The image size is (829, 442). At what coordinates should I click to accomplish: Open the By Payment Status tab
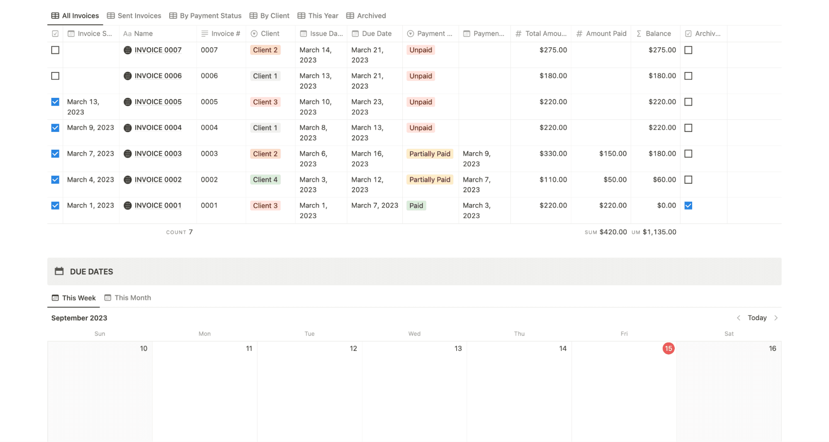coord(205,16)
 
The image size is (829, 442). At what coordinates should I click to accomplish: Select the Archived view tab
coord(366,16)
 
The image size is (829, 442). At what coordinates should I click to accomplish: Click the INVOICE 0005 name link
coord(158,102)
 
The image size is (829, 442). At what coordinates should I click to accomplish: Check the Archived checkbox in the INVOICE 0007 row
coord(688,50)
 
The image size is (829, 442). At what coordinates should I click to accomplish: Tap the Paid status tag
coord(416,206)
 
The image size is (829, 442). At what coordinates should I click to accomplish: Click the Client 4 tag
coord(265,180)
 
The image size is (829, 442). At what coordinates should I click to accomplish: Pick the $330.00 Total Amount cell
coord(553,154)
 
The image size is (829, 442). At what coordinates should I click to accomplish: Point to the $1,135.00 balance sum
coord(659,232)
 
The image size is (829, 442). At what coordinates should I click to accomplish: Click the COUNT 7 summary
coord(179,232)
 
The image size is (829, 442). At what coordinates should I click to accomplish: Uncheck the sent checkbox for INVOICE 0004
coord(55,128)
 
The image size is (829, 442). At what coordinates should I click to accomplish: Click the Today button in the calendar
coord(757,318)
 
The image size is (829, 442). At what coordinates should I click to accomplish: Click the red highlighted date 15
coord(668,349)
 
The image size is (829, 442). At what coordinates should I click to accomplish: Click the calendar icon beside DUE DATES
coord(59,272)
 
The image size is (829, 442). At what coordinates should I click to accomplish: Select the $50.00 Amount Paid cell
coord(615,180)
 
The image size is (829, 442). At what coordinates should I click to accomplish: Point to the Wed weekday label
coord(414,334)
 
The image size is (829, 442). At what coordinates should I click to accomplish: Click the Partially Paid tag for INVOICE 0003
coord(429,154)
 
